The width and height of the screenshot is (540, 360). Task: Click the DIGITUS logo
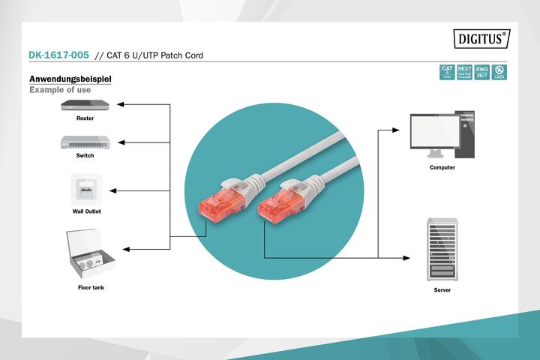[481, 38]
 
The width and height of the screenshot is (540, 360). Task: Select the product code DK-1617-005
[58, 55]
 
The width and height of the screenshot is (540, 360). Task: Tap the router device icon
[85, 105]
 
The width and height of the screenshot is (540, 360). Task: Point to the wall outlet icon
[86, 189]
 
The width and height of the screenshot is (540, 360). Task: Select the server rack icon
[442, 248]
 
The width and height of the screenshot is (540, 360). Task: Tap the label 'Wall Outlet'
[86, 211]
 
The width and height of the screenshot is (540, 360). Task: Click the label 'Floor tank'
[91, 287]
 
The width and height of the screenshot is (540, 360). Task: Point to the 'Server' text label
[442, 289]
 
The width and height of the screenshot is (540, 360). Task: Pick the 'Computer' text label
[442, 167]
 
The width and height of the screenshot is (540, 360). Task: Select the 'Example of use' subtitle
[60, 90]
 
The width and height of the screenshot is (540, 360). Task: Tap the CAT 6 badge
[447, 72]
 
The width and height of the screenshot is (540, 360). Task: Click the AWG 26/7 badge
[481, 72]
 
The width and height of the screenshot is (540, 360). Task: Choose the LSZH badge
[499, 72]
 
